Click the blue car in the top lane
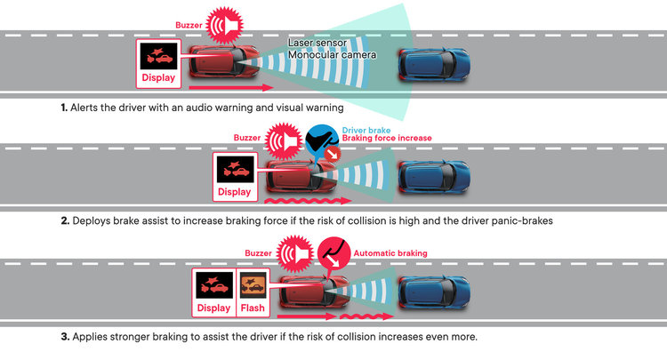433,62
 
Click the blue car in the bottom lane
433,291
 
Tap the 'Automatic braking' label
390,253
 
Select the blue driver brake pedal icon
319,141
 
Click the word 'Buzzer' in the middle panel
248,138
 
